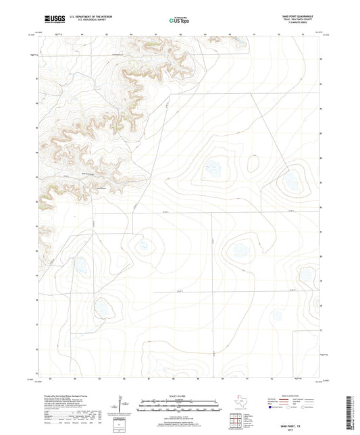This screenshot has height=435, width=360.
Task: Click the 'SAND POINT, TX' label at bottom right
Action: coord(296,417)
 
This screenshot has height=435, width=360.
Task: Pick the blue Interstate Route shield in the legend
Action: coord(272,407)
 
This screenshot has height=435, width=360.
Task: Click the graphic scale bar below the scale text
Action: coord(179,407)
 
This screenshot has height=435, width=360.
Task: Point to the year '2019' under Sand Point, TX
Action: coord(296,421)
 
